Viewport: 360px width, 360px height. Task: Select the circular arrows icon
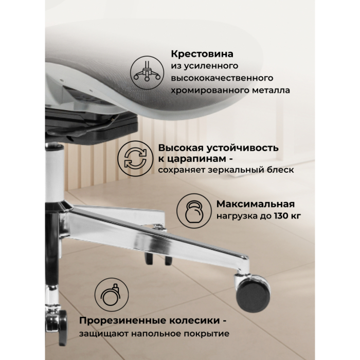(x=133, y=157)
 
